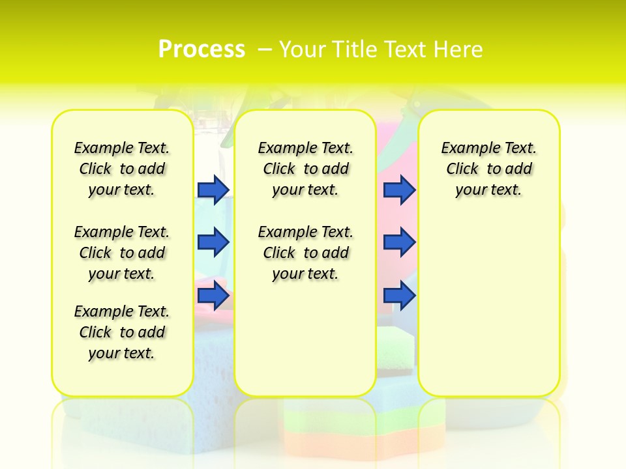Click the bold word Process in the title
click(x=201, y=50)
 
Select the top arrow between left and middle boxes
click(x=213, y=190)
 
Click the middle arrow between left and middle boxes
click(x=213, y=242)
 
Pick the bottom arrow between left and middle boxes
click(x=213, y=296)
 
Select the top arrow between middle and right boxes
click(x=399, y=190)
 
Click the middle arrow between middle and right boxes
click(x=399, y=242)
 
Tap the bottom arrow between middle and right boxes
click(x=399, y=296)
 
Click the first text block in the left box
click(x=122, y=169)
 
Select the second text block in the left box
click(x=122, y=253)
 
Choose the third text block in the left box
click(x=122, y=332)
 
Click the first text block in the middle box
click(x=305, y=169)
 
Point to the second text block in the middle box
click(x=305, y=253)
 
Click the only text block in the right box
click(x=488, y=169)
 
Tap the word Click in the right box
click(x=462, y=169)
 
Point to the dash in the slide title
click(x=265, y=50)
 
